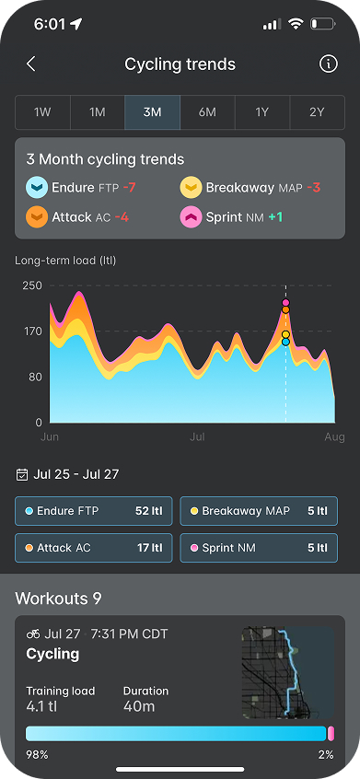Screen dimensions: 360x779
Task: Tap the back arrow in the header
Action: pos(30,64)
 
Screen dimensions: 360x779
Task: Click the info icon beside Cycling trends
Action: pos(328,64)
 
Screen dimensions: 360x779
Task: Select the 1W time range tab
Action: pos(42,112)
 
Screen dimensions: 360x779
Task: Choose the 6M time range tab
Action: pos(207,112)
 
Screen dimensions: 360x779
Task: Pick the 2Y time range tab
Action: pos(317,112)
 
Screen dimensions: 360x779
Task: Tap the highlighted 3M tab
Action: pos(153,112)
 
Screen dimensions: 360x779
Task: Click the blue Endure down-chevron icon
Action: pos(37,188)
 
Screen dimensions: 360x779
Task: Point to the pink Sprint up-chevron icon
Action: pos(191,217)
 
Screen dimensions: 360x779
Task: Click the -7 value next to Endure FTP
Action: pos(129,188)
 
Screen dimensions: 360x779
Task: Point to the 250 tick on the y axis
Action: pos(32,285)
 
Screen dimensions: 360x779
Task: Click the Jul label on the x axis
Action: pos(198,437)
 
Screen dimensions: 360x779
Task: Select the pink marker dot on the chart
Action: pos(285,303)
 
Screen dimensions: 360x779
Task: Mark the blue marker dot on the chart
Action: pos(285,342)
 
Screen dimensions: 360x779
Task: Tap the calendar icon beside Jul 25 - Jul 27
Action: pos(22,474)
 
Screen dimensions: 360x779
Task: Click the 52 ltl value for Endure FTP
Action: pos(149,511)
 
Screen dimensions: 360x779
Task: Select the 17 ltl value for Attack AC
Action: pos(150,548)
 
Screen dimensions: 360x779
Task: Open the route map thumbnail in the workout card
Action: pos(288,673)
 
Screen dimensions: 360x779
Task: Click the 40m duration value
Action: pos(139,706)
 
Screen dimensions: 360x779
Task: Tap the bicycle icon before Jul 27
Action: pos(33,634)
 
